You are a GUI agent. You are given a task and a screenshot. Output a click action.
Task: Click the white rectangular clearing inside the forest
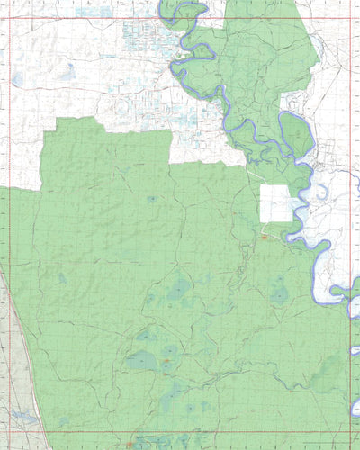[x=276, y=203]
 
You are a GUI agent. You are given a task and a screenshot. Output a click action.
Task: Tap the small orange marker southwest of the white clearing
[x=264, y=237]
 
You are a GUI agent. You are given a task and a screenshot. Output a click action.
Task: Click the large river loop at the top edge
[x=184, y=13]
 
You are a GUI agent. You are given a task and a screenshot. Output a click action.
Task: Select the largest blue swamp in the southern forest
[x=141, y=361]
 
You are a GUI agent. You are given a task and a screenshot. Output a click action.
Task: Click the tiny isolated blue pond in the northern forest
[x=150, y=198]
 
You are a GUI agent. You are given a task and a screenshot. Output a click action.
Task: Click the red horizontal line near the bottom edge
[x=180, y=432]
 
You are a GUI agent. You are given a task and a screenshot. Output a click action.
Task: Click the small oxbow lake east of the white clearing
[x=317, y=191]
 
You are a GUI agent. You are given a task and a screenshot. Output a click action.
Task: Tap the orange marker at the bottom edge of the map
[x=132, y=444]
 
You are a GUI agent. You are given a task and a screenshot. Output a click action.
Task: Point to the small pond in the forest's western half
[x=62, y=278]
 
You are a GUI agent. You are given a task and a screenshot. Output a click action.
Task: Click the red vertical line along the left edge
[x=8, y=225]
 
